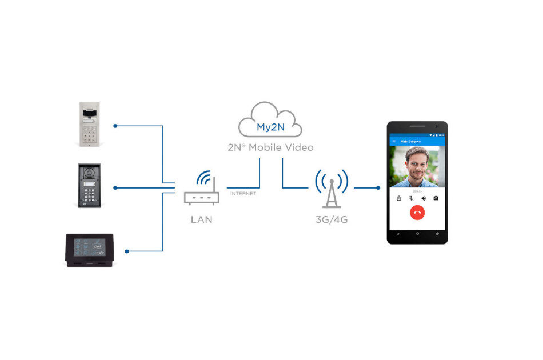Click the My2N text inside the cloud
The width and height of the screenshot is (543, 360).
[270, 127]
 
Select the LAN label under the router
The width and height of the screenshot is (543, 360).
[201, 219]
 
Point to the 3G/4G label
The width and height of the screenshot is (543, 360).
[331, 219]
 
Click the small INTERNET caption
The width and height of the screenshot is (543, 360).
[243, 194]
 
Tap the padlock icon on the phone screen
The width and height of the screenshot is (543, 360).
[399, 198]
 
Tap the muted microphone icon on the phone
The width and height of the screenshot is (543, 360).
[411, 198]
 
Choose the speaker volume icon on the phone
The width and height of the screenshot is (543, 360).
[424, 198]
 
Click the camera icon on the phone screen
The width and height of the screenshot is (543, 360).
[436, 198]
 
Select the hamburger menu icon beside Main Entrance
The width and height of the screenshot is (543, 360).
[393, 141]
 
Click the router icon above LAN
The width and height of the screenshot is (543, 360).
[201, 190]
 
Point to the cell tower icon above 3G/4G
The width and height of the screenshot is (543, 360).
[331, 189]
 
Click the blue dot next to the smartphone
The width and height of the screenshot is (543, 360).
[378, 187]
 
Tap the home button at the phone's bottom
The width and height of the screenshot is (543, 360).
[417, 234]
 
